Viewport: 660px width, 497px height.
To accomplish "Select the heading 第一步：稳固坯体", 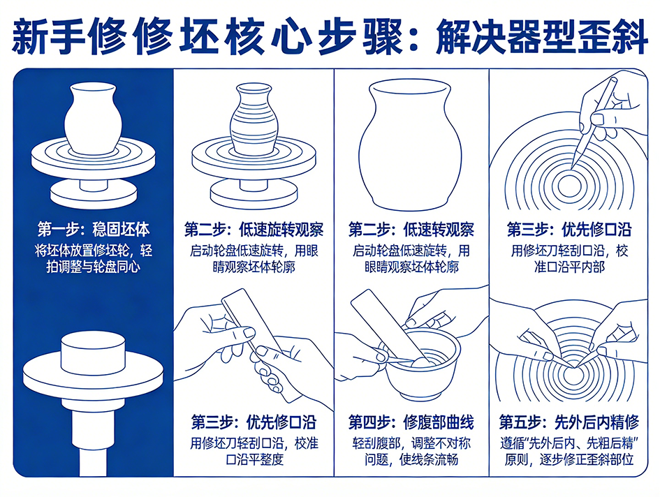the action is click(x=94, y=230).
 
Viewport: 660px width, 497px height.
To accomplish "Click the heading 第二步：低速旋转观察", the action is click(x=254, y=230).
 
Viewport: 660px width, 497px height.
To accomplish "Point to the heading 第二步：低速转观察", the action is click(x=411, y=230).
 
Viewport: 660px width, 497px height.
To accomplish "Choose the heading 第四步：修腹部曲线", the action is click(x=411, y=422).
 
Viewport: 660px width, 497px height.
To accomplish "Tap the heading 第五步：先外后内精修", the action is click(x=569, y=422).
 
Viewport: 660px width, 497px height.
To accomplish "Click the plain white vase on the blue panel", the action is click(x=94, y=119).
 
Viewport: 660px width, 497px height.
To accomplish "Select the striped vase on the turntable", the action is click(x=254, y=119).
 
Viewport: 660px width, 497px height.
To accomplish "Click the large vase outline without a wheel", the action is click(x=411, y=145).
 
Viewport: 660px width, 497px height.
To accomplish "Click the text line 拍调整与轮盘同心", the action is click(x=94, y=267).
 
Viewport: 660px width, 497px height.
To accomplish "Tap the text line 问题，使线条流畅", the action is click(x=411, y=459).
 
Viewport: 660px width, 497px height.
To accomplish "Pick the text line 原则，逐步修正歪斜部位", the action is click(x=569, y=459).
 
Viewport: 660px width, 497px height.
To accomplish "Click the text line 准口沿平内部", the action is click(x=569, y=267).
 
